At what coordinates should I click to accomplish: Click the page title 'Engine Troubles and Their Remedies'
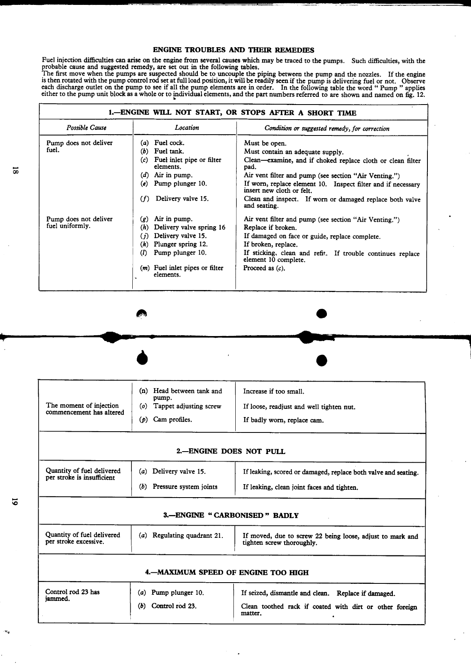click(233, 50)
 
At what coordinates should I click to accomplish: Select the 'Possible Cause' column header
click(86, 128)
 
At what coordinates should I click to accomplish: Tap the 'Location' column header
click(187, 128)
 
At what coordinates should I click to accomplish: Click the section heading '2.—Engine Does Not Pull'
click(231, 451)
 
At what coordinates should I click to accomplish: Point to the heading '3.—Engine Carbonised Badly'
click(231, 515)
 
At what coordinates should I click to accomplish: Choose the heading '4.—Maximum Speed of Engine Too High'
click(227, 572)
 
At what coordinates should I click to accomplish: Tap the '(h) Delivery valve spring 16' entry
click(183, 227)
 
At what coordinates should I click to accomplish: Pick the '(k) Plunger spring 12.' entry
click(174, 245)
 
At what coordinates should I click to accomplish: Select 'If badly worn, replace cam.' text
click(283, 420)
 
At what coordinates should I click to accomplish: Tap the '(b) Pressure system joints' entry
click(178, 487)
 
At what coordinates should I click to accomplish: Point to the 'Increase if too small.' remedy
click(274, 391)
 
